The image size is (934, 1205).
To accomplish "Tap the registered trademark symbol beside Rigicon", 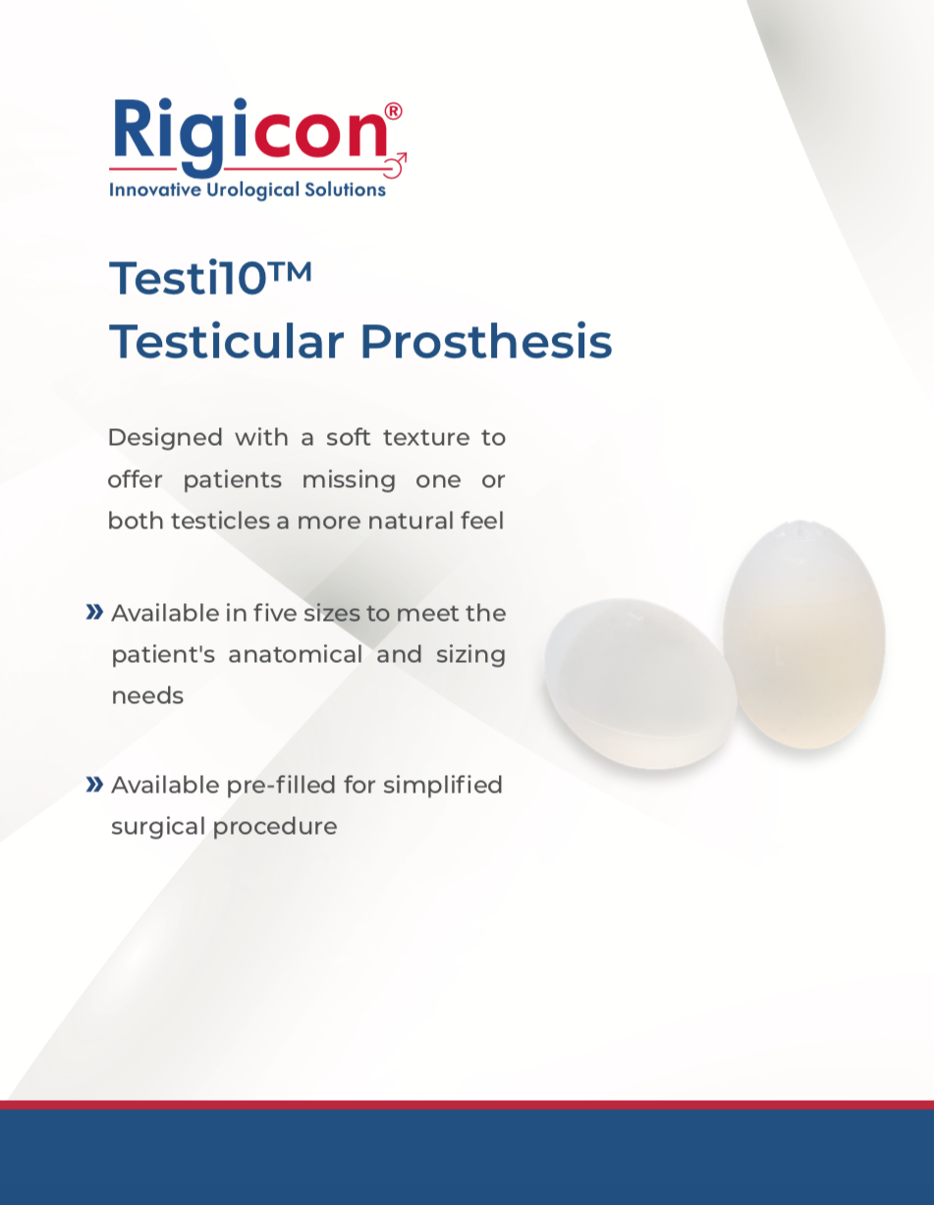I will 393,111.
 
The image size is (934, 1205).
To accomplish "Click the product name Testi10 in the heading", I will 189,278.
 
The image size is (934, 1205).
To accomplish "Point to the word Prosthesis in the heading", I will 485,342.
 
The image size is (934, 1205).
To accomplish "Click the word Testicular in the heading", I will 227,342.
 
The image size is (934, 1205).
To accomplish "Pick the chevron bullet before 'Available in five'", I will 94,613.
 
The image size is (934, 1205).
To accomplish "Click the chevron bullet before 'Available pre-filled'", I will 94,784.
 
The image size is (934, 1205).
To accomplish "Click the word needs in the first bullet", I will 147,695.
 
